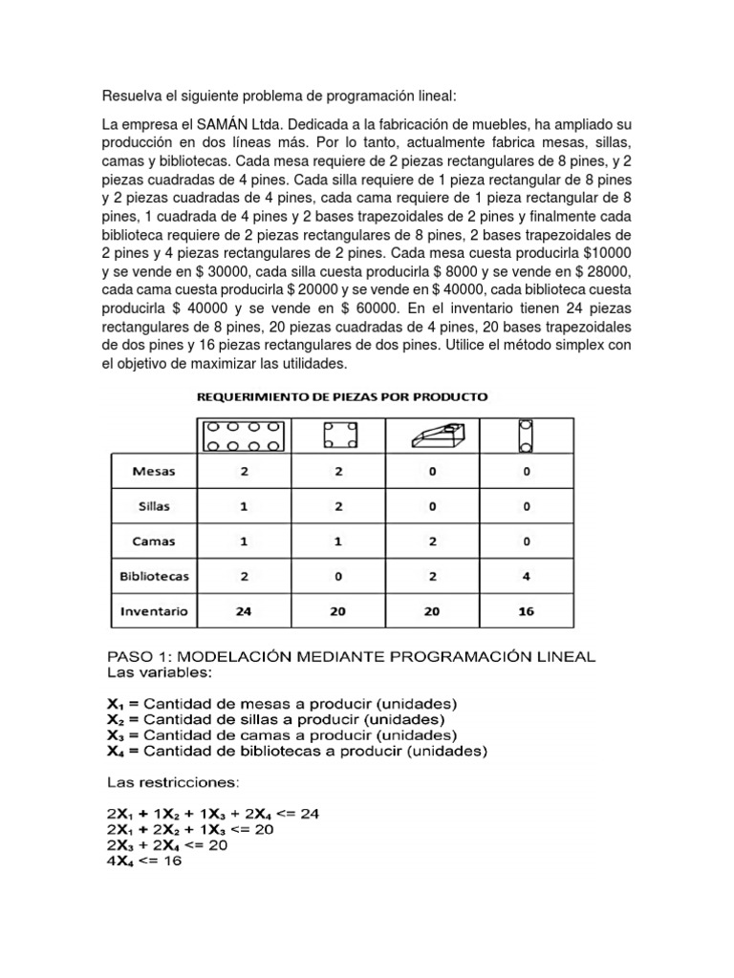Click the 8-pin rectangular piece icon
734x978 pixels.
(243, 436)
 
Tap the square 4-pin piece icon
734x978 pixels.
(336, 436)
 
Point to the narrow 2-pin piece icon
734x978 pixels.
(523, 436)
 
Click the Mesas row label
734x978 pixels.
(154, 472)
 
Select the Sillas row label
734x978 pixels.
(154, 506)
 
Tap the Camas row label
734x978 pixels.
(154, 541)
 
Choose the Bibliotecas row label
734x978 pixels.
(154, 576)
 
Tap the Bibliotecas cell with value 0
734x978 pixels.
(336, 576)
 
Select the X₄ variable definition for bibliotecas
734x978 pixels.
(295, 751)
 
